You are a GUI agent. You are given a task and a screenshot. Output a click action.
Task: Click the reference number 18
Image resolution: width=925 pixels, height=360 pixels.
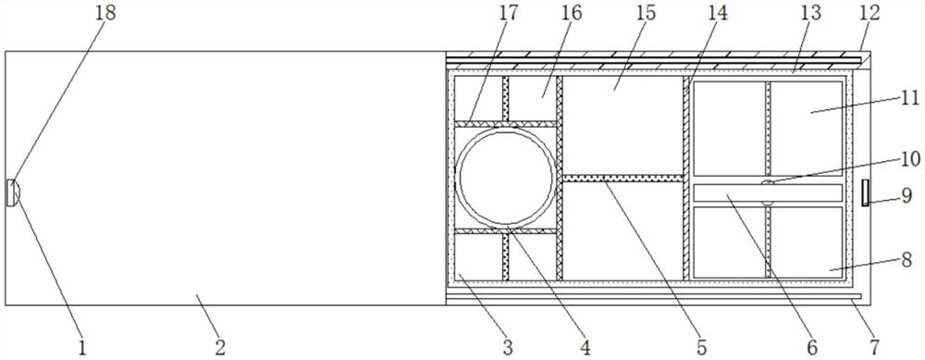[106, 13]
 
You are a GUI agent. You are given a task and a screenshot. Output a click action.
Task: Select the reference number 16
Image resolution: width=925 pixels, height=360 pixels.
[571, 13]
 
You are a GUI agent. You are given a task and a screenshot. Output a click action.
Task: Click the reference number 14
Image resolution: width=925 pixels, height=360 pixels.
[718, 13]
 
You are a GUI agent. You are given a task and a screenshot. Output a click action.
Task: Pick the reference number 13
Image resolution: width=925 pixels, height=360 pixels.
[810, 13]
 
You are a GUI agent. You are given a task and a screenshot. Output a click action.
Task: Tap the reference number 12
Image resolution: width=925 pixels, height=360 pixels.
[870, 13]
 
